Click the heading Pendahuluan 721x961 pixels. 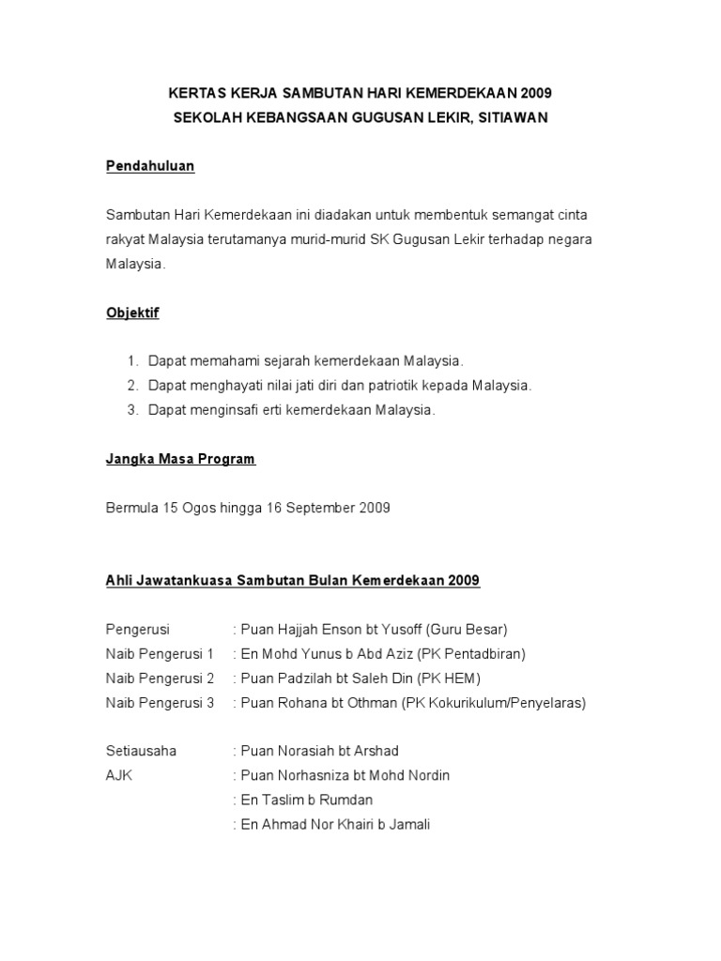click(149, 166)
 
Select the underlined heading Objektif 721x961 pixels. click(132, 313)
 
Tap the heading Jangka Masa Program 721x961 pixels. click(179, 459)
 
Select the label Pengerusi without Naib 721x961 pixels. click(137, 629)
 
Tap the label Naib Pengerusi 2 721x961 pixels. click(160, 678)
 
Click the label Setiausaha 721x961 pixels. click(141, 751)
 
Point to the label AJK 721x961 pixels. click(119, 775)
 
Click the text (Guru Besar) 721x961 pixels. click(467, 629)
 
